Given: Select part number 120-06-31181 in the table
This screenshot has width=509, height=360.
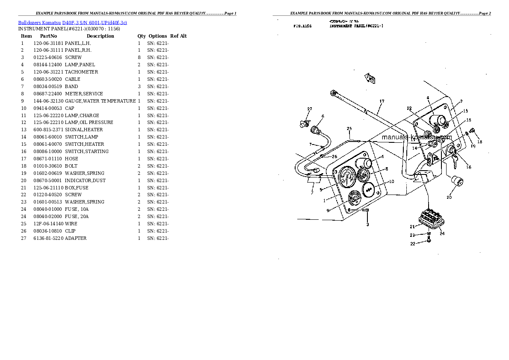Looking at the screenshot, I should [48, 43].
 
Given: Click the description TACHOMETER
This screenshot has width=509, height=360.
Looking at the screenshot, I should [81, 72].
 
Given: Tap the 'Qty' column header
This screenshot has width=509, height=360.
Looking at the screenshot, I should [141, 36].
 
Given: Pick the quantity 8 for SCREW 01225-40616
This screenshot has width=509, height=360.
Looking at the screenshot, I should [139, 57].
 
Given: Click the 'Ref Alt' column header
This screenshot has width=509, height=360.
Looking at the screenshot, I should [178, 36].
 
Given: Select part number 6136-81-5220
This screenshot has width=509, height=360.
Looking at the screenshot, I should [48, 238].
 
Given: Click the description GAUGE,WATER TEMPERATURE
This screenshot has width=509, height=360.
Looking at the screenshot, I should [100, 101].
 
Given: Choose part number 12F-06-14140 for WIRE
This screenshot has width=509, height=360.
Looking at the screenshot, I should [48, 224].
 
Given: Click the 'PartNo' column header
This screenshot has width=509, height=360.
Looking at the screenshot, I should [48, 36].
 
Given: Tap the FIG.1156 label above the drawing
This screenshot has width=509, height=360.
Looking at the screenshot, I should [302, 26].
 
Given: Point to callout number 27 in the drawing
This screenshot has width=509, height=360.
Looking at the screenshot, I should [310, 109].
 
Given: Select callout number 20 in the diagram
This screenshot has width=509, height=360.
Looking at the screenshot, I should [449, 198].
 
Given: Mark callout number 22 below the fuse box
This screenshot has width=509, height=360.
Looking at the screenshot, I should [412, 244].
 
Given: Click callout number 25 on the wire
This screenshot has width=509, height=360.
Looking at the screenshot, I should [349, 129].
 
